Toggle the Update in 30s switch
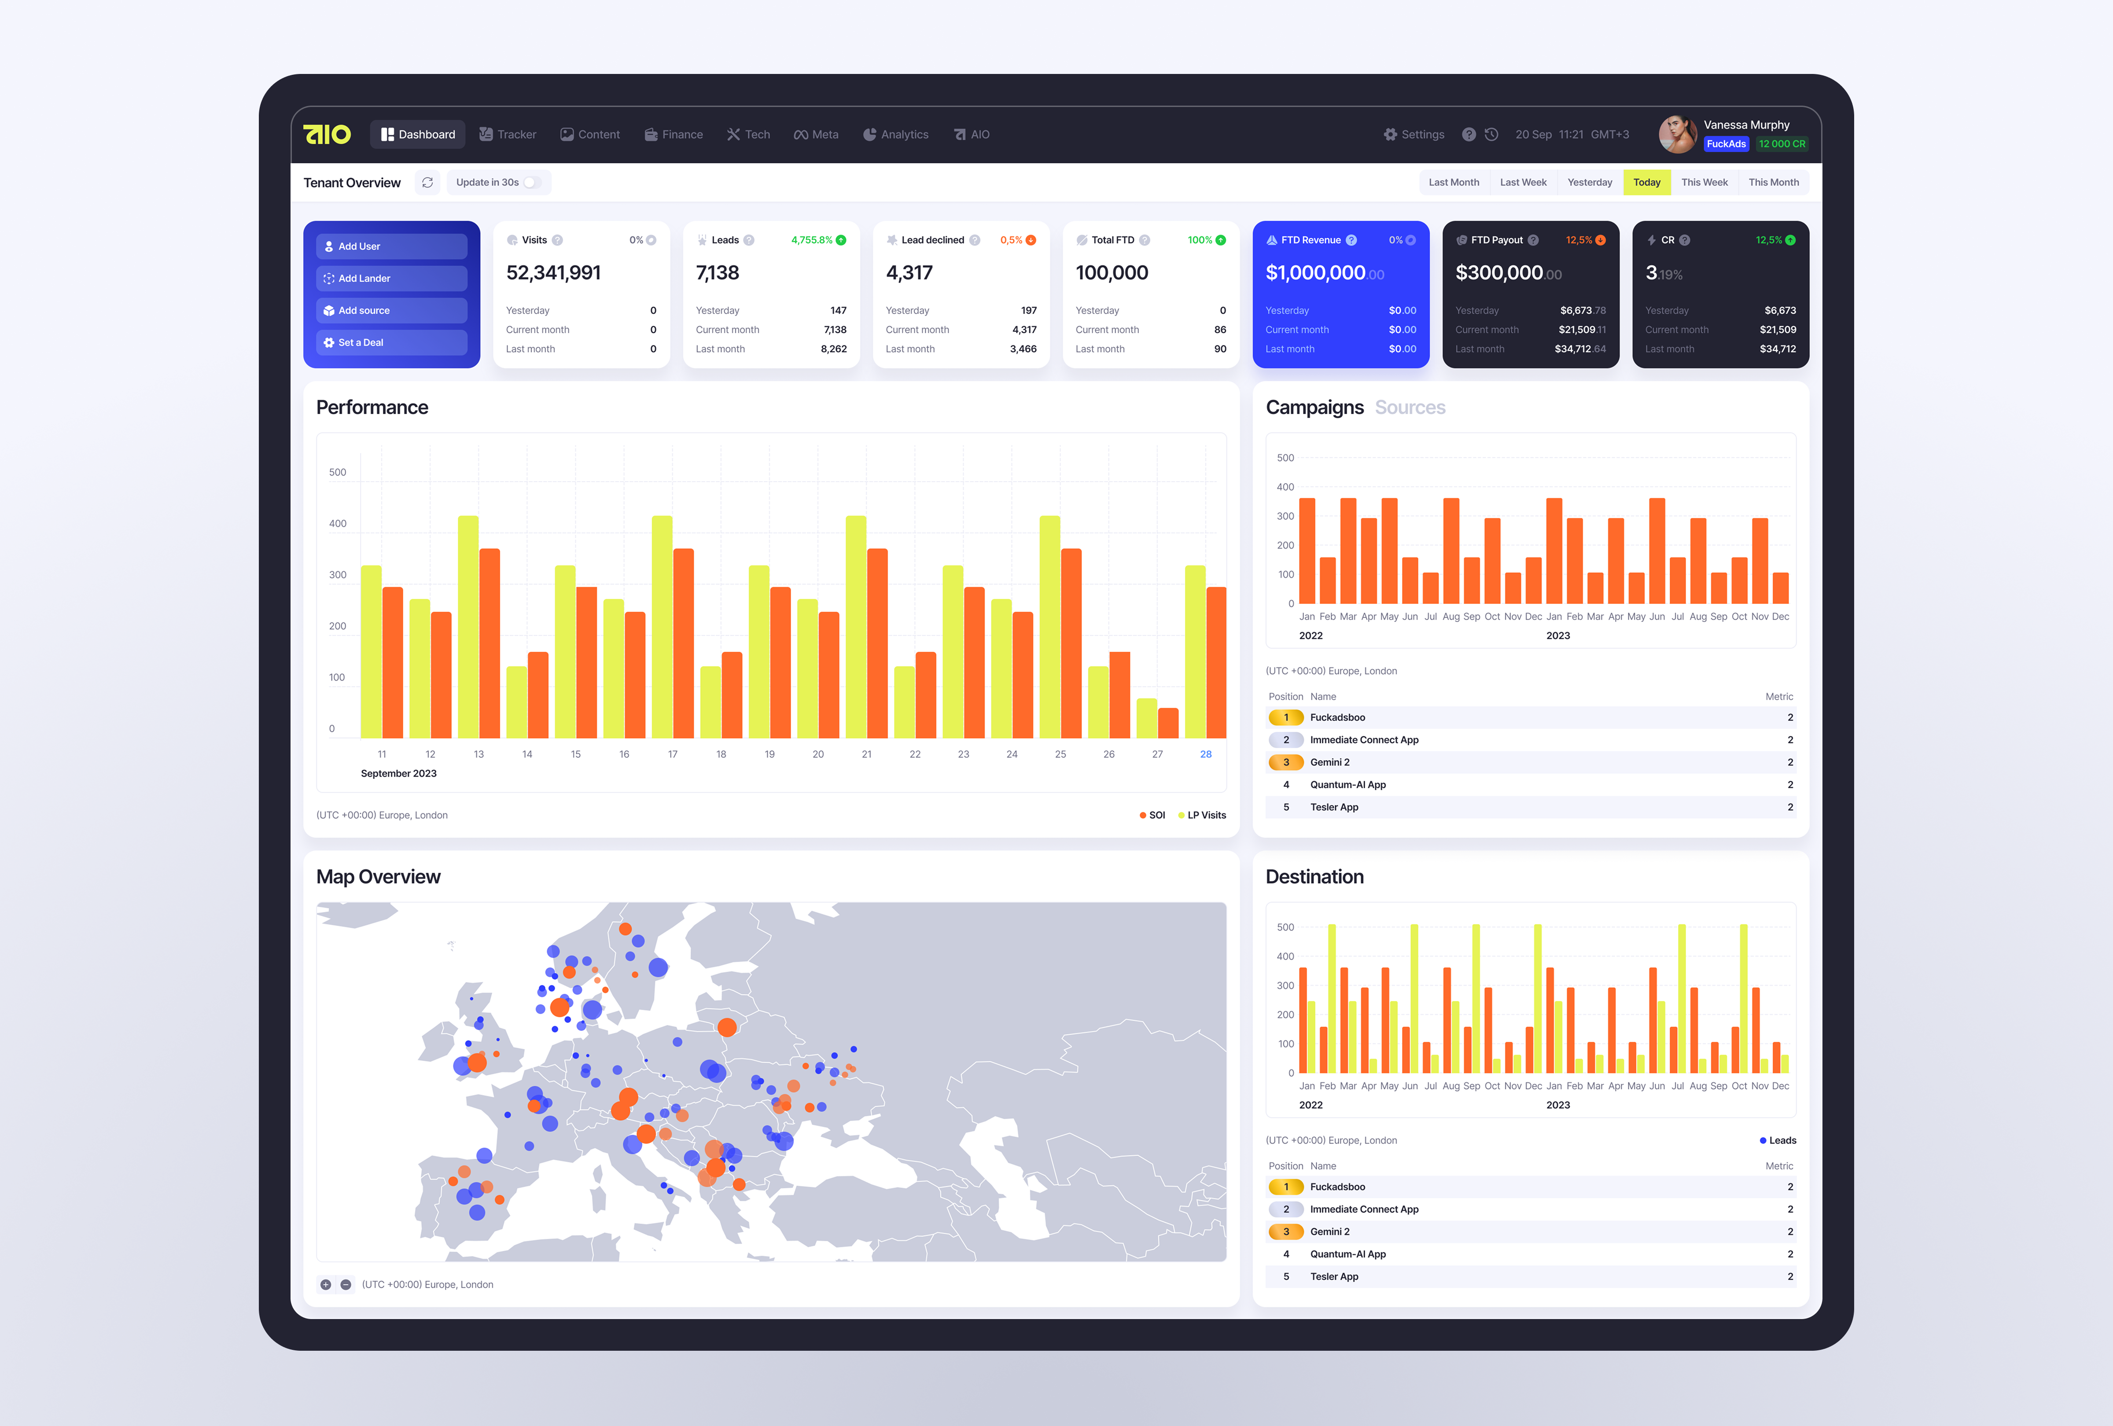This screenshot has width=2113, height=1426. [532, 183]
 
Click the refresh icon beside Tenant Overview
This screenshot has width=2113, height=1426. [427, 183]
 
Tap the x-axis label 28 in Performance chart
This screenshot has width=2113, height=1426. [1206, 754]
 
